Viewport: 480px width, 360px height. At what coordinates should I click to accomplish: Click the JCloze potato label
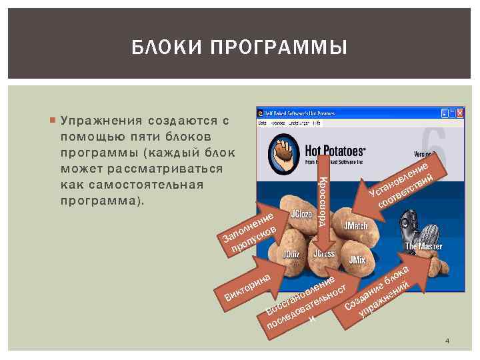coord(301,216)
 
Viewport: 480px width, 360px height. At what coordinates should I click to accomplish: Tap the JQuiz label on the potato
coord(291,255)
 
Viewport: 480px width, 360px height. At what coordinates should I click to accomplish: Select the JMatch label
coord(356,226)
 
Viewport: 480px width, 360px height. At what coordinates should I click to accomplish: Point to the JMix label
coord(357,259)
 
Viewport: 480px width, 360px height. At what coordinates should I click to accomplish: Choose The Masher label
coord(424,247)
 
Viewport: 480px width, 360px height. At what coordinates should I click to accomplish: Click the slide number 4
coord(447,341)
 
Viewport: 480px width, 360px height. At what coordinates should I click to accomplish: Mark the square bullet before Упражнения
coord(52,121)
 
